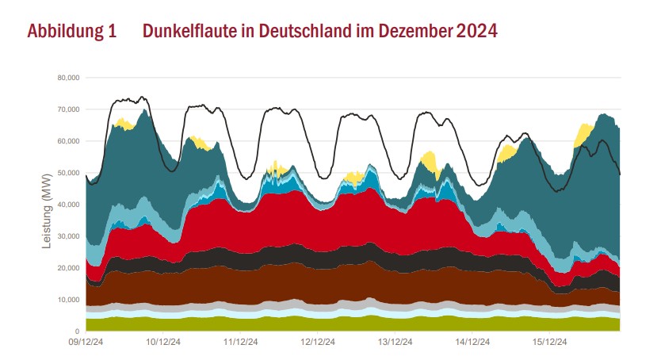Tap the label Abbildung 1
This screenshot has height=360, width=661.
tap(72, 32)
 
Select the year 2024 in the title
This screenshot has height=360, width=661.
tap(476, 32)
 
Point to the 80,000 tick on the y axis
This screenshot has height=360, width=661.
tap(68, 78)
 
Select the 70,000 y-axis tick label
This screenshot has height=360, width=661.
tap(68, 109)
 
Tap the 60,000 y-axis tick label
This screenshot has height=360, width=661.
tap(68, 141)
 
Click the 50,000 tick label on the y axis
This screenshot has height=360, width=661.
tap(68, 173)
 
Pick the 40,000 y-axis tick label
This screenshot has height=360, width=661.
tap(68, 205)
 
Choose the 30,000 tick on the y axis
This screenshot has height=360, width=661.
tap(68, 236)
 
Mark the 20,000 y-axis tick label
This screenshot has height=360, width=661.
tap(68, 268)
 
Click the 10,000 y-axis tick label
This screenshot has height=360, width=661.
tap(68, 300)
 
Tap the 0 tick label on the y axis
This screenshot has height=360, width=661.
tap(77, 331)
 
